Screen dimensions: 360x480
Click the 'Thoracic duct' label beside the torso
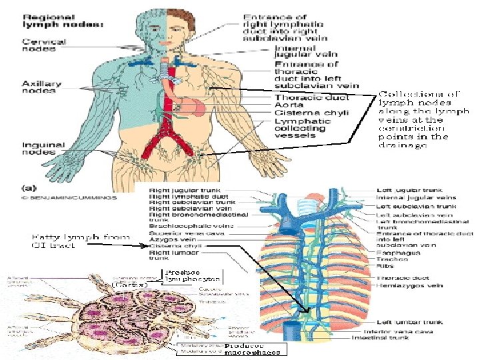click(x=301, y=97)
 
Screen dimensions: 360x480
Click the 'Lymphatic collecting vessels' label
click(x=301, y=128)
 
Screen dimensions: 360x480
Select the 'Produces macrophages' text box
click(x=253, y=349)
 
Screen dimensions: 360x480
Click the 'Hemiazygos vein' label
click(x=401, y=285)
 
